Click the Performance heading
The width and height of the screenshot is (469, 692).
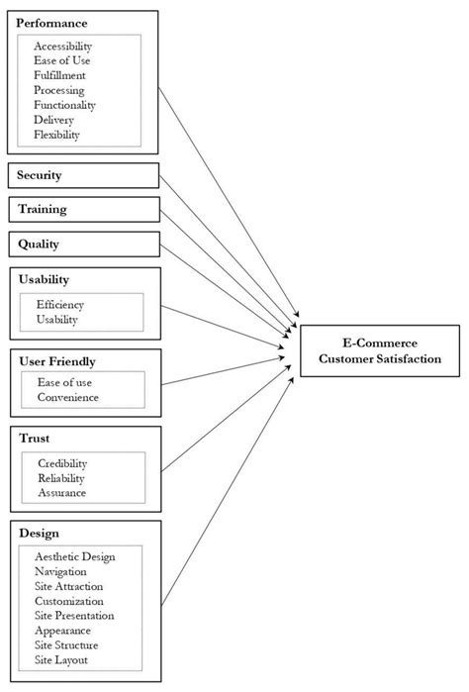tap(52, 23)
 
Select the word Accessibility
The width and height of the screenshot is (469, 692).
tap(63, 46)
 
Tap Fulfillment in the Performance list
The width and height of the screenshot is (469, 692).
tap(59, 75)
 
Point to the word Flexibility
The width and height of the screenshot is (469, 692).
tap(56, 134)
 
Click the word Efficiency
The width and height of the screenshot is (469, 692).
tap(60, 305)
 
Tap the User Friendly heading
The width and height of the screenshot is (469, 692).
tap(56, 362)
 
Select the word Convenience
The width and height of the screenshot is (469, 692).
tap(67, 398)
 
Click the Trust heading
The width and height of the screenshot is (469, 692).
tap(34, 437)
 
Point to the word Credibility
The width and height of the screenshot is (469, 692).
tap(62, 463)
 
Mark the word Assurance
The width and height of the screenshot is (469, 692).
tap(61, 492)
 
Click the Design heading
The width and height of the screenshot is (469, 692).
tap(39, 533)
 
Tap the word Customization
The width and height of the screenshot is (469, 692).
tap(68, 600)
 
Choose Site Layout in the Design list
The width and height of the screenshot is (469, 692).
tap(61, 659)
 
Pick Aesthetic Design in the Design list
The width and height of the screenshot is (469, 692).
tap(74, 556)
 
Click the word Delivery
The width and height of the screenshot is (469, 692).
tap(53, 119)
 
